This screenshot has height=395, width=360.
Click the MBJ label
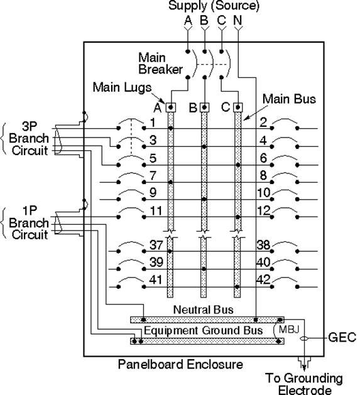[289, 329]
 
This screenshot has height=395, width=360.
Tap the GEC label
[342, 337]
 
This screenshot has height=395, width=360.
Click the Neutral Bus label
[203, 310]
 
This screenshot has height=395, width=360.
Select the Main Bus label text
[289, 99]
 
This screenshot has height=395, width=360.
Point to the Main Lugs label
[123, 87]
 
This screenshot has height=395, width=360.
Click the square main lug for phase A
[171, 107]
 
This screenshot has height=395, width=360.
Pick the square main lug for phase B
[204, 107]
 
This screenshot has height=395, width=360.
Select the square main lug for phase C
[237, 107]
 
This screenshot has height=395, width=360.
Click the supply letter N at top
[237, 20]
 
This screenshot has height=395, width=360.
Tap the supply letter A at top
[188, 20]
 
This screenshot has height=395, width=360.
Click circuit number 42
[263, 279]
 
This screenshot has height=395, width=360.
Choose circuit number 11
[156, 210]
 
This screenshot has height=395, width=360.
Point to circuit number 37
[156, 245]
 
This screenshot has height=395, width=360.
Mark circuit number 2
[263, 122]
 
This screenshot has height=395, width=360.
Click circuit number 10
[264, 193]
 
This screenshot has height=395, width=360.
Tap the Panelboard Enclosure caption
[180, 364]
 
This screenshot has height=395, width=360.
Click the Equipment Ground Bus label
[203, 330]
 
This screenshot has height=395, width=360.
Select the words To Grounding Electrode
[304, 384]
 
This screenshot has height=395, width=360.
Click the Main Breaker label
[160, 63]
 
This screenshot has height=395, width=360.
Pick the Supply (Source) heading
[214, 6]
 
